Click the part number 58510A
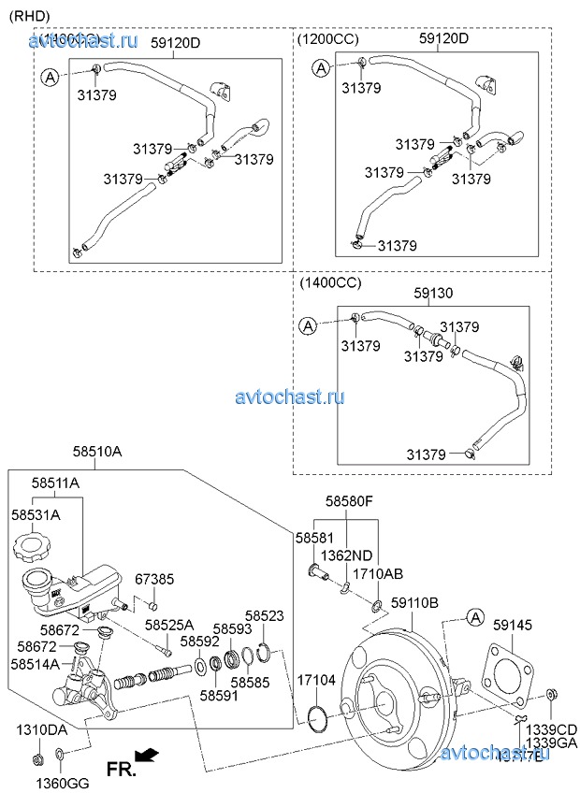tap(98, 452)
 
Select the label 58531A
tap(36, 514)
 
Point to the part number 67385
tap(154, 580)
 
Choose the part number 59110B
tap(413, 603)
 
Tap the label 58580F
tap(349, 502)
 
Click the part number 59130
tap(433, 293)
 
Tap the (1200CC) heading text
tap(328, 39)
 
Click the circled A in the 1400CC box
tap(307, 325)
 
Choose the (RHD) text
tap(29, 14)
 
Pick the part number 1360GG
tap(61, 782)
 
